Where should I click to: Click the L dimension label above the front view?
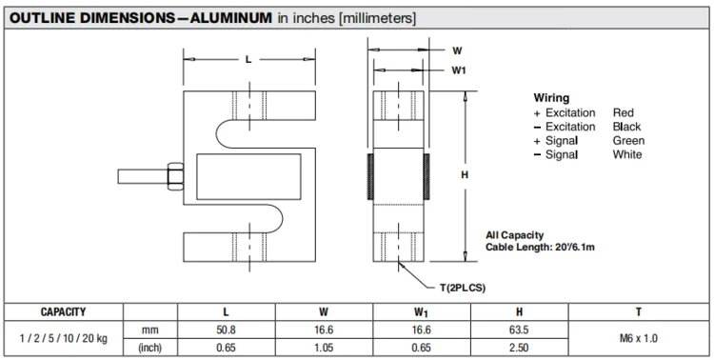tap(248, 59)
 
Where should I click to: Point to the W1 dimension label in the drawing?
tap(459, 70)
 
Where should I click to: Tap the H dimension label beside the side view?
tap(465, 174)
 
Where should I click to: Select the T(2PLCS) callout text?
tap(463, 288)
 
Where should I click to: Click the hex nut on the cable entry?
tap(175, 176)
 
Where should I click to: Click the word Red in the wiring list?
tap(623, 112)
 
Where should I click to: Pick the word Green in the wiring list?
tap(628, 140)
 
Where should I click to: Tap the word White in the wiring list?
tap(627, 154)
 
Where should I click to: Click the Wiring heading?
tap(551, 98)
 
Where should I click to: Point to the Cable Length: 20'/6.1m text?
tap(540, 248)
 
